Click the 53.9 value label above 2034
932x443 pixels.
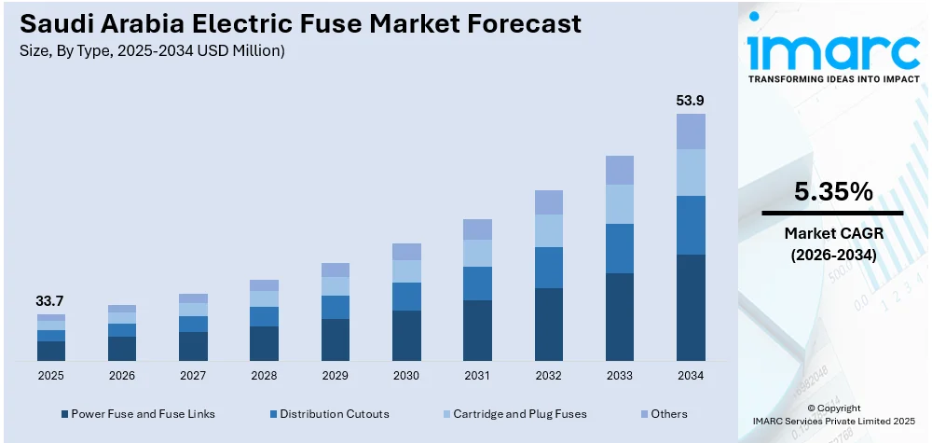coord(691,100)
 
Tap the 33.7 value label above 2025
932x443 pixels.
coord(51,300)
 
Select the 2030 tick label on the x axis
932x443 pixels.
coord(406,375)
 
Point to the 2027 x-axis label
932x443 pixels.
coord(193,375)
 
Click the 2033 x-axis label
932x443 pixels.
coord(620,375)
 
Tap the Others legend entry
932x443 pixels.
coord(669,413)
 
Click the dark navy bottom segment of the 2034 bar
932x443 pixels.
coord(691,307)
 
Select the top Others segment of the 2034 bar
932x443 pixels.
coord(691,132)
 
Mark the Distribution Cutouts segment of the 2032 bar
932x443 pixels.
coord(549,268)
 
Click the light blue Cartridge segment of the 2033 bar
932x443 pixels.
coord(620,204)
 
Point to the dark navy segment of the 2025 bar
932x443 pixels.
coord(51,351)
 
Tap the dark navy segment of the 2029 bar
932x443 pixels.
coord(336,339)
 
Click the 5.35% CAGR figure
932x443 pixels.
coord(833,192)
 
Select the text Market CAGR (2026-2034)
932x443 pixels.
coord(833,242)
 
